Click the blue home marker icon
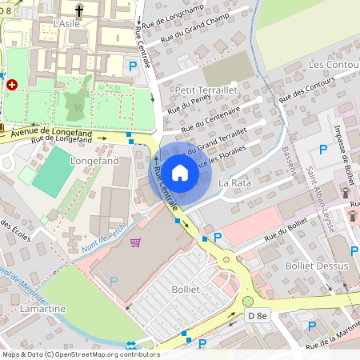pyautogui.click(x=180, y=173)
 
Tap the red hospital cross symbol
pyautogui.click(x=11, y=84)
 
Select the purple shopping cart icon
pyautogui.click(x=136, y=242)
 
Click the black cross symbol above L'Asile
pyautogui.click(x=79, y=10)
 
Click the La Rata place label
pyautogui.click(x=235, y=183)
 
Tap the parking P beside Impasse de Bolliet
pyautogui.click(x=323, y=149)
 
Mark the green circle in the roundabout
pyautogui.click(x=248, y=301)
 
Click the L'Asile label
pyautogui.click(x=66, y=24)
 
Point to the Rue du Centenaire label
pyautogui.click(x=210, y=122)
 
